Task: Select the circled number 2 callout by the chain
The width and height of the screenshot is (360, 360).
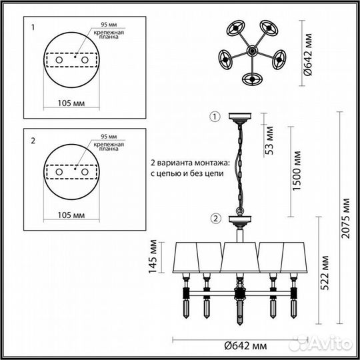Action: [x=215, y=217]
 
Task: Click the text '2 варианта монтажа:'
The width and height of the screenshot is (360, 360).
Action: [x=189, y=162]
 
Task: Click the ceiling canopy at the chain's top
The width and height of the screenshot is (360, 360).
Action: [x=238, y=119]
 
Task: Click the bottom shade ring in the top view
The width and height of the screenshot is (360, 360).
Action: [x=252, y=79]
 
